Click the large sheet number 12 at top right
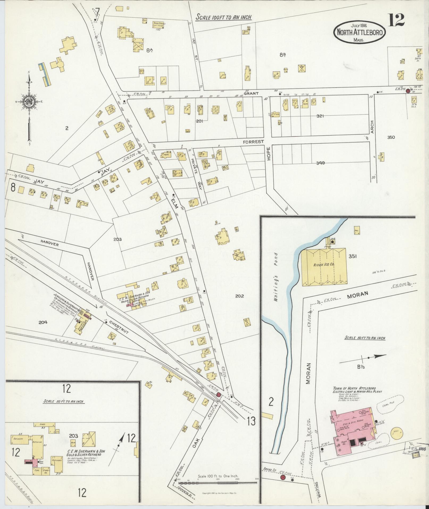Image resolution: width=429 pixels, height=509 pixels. (x=396, y=20)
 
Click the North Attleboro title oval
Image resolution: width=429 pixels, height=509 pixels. (x=356, y=32)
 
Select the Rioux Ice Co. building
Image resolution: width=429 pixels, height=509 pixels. (x=324, y=267)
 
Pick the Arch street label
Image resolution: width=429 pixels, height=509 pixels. (x=372, y=127)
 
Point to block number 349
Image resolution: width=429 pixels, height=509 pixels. (x=320, y=163)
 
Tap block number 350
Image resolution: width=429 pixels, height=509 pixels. (x=391, y=137)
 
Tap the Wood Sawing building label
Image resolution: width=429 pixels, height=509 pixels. (x=159, y=24)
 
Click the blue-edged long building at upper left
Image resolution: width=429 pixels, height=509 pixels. (x=44, y=74)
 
